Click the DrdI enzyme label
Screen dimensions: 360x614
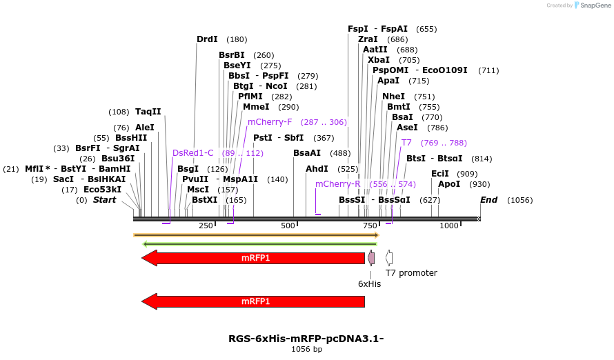tap(207, 39)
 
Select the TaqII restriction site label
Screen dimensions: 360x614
tap(148, 111)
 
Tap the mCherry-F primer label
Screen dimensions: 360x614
tap(270, 122)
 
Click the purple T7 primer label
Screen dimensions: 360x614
tap(406, 143)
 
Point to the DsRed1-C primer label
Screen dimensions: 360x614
tap(193, 153)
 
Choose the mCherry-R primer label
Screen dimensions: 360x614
tap(338, 184)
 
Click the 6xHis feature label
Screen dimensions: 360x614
tap(369, 283)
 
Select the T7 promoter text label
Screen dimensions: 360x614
tap(411, 273)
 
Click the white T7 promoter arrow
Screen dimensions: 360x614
tap(389, 258)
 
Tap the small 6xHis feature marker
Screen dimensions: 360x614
tap(371, 258)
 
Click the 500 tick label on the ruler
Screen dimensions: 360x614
tap(288, 226)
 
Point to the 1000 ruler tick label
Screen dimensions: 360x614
tap(450, 226)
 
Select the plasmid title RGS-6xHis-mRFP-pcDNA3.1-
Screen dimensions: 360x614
tap(306, 339)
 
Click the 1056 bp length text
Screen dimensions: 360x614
tap(306, 350)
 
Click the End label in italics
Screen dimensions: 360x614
tap(488, 200)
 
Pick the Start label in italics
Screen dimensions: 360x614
tap(105, 200)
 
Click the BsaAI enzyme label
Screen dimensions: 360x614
tap(307, 153)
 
